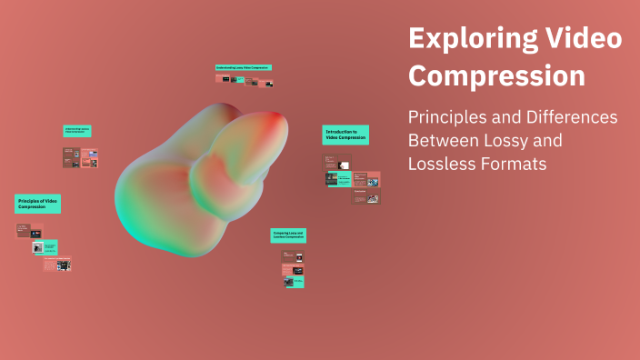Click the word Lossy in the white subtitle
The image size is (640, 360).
541,141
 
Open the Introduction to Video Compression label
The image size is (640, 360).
345,135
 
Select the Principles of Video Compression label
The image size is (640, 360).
37,204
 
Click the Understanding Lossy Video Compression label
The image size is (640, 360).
244,67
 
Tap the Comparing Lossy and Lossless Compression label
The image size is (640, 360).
288,235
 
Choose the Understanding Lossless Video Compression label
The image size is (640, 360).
77,131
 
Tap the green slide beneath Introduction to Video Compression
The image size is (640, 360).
339,179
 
